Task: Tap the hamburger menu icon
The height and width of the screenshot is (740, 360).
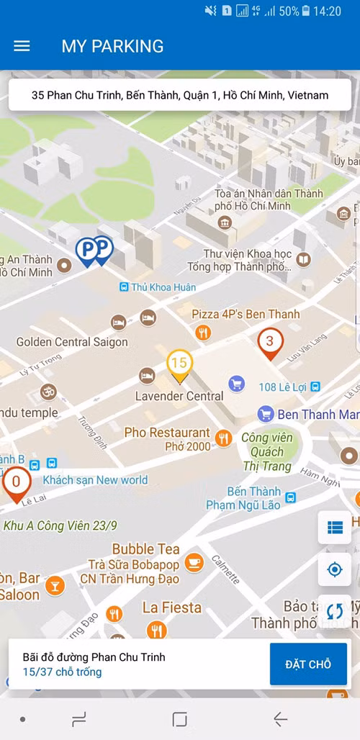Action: [22, 46]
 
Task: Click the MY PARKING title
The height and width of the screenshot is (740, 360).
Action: [112, 46]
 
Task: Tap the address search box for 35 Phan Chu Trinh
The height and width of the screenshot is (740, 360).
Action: [180, 95]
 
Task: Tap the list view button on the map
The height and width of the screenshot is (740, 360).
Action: [334, 528]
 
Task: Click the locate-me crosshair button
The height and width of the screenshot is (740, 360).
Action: [334, 569]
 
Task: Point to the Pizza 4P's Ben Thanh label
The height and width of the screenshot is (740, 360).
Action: [246, 315]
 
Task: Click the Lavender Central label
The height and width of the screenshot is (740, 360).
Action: [179, 396]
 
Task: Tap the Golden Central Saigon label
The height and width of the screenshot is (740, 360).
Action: [72, 342]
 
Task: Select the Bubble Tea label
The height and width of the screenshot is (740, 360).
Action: [145, 549]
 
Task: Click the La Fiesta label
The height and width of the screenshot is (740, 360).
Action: [172, 608]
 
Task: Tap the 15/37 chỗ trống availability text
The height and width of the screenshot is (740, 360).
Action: [62, 672]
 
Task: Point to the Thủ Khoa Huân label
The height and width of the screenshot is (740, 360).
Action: [163, 287]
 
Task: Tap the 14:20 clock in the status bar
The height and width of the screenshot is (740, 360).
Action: [328, 12]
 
